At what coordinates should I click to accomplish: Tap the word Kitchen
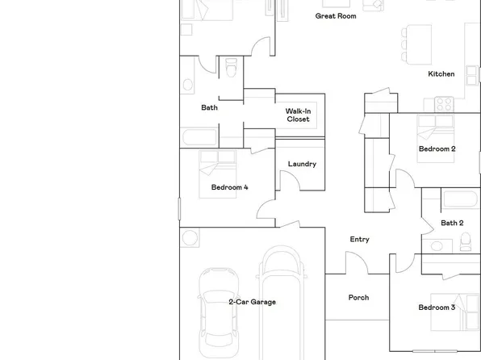coord(441,74)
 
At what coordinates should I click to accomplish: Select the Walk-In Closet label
coord(298,115)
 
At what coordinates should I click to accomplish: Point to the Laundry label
coord(301,165)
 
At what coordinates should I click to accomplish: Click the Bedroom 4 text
coord(229,187)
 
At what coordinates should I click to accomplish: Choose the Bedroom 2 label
coord(437,149)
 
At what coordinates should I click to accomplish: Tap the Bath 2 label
coord(452,223)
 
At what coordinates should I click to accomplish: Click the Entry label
coord(359,239)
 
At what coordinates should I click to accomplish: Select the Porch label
coord(358,298)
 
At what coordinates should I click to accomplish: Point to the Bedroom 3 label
coord(436,308)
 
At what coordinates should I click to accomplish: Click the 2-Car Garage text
coord(252,302)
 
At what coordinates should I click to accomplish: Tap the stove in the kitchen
coord(445,103)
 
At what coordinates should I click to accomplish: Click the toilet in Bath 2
coord(465,242)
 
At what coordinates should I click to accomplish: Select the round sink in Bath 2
coord(437,245)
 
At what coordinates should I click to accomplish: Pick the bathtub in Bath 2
coord(460,200)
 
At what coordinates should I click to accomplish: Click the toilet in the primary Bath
coord(231,69)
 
